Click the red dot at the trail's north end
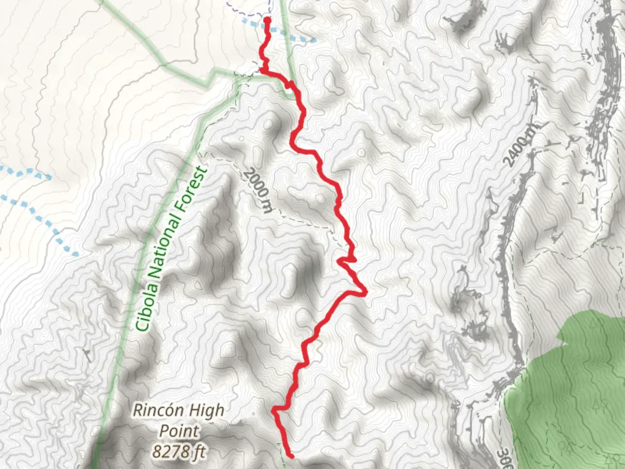click(267, 20)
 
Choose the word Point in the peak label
click(179, 431)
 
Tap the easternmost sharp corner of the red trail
click(366, 294)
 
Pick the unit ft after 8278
click(199, 452)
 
